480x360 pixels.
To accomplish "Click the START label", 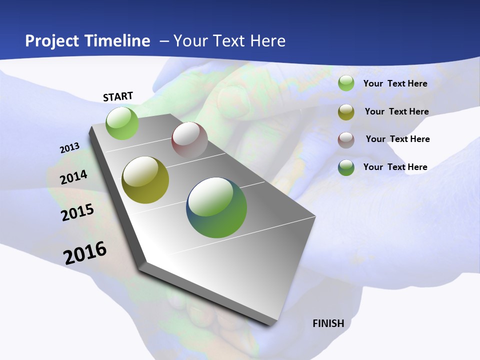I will tap(118, 96).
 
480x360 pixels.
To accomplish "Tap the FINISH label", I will tap(328, 323).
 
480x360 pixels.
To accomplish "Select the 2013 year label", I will tap(70, 148).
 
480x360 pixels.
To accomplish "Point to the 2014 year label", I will tap(74, 177).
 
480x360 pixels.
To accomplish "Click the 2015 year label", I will tap(77, 212).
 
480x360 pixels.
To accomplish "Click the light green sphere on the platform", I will tap(122, 123).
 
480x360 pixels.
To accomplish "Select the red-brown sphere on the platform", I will tap(189, 140).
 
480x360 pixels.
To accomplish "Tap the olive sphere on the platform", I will tap(145, 180).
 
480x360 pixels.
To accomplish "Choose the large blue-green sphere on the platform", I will tap(216, 207).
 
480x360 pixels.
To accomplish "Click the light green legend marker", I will tap(346, 83).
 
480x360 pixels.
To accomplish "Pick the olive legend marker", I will tap(346, 112).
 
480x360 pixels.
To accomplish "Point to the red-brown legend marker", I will tap(346, 140).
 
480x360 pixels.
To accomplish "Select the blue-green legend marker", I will tap(346, 167).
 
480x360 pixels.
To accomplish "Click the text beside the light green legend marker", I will tap(395, 83).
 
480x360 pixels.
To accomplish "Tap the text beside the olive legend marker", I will tap(396, 111).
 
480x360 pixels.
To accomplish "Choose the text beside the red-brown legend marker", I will tap(397, 139).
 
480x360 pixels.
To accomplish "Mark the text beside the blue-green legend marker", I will tap(395, 167).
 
